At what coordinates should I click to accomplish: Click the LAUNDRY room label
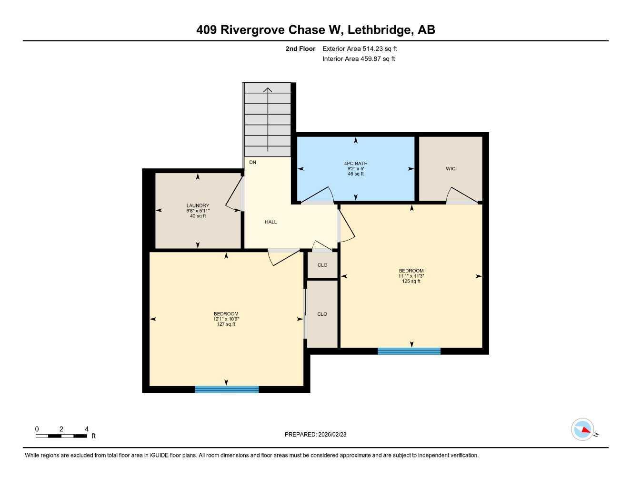point(198,206)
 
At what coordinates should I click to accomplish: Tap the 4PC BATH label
point(356,164)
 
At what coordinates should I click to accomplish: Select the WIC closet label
point(451,169)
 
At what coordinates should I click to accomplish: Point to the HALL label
point(271,222)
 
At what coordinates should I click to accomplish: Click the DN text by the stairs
point(253,163)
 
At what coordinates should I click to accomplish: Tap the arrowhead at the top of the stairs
point(268,89)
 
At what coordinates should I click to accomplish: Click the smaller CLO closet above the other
point(322,265)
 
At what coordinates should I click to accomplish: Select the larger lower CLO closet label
point(322,314)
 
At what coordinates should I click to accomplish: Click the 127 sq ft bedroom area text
point(226,324)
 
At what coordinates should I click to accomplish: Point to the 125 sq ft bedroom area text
point(411,281)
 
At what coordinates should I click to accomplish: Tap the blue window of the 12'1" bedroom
point(227,390)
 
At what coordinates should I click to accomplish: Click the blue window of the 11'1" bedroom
point(409,351)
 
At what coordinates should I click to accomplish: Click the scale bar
point(61,436)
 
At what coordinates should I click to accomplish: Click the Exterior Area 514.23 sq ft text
point(360,49)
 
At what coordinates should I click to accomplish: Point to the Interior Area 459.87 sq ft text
point(359,59)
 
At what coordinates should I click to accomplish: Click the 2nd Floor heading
point(300,49)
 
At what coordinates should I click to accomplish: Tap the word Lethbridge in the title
point(380,30)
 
